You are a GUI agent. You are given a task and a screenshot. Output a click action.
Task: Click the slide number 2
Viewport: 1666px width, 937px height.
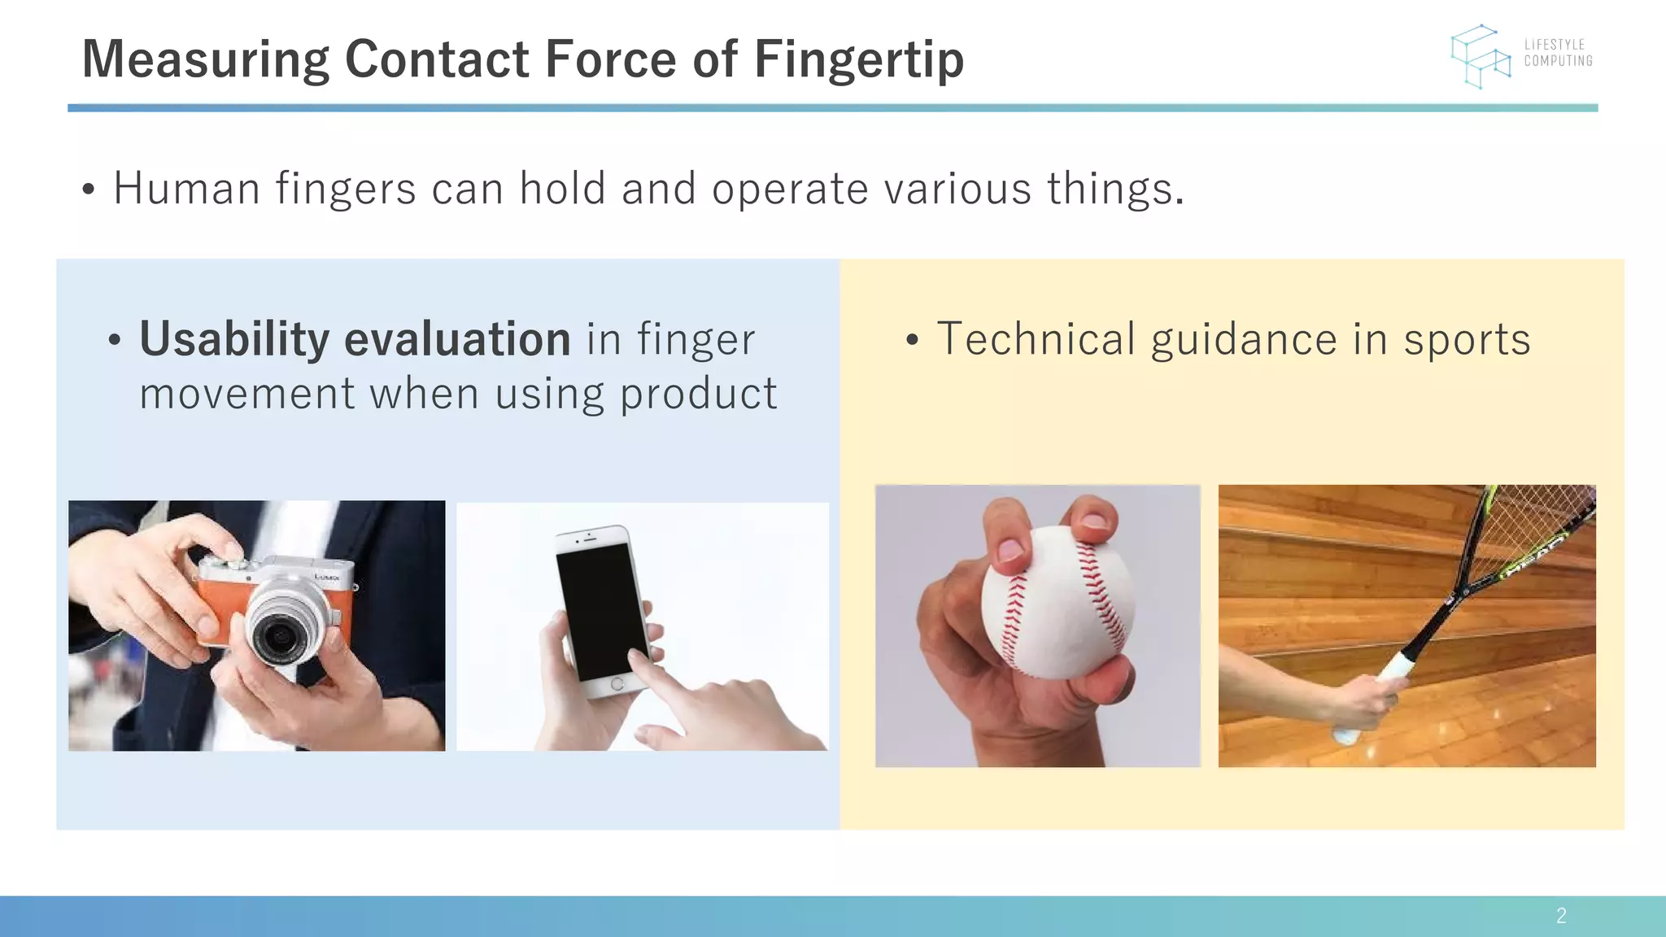[x=1561, y=916]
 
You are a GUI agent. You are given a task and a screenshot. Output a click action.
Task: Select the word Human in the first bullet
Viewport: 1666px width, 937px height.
[x=187, y=189]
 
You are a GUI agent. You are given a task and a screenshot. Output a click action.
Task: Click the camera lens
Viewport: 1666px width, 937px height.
[x=280, y=634]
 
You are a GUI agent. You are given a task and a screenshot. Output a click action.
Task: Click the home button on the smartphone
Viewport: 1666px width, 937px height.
[x=617, y=684]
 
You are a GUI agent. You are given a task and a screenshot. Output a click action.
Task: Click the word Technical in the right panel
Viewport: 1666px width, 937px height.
[x=1036, y=339]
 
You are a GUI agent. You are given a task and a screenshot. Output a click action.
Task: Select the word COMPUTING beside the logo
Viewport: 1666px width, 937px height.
[x=1558, y=61]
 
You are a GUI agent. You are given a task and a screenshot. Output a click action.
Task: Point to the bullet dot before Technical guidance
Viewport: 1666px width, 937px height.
[x=912, y=342]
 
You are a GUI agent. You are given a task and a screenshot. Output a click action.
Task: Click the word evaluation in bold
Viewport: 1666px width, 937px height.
[x=457, y=339]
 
